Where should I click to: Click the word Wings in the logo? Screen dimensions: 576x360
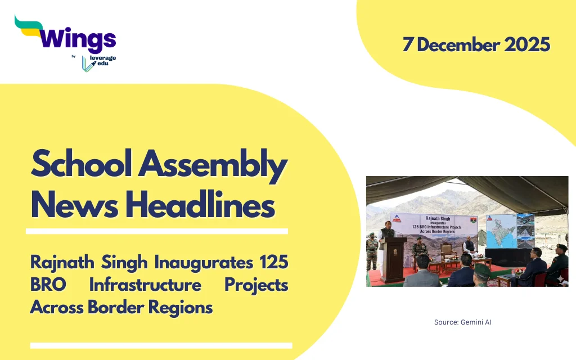click(x=78, y=39)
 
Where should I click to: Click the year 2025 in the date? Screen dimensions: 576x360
click(x=527, y=45)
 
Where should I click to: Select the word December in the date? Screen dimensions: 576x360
click(x=458, y=45)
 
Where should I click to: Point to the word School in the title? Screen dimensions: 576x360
click(x=81, y=163)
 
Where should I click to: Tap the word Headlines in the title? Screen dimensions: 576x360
click(x=200, y=204)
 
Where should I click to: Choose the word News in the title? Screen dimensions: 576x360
click(x=75, y=204)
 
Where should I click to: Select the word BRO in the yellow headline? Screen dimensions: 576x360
click(x=48, y=285)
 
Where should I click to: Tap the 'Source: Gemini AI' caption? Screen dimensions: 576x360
click(x=462, y=322)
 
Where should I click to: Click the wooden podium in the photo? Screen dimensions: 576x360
click(x=394, y=259)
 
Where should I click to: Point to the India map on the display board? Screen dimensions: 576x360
click(x=501, y=231)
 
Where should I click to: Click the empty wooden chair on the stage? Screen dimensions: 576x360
click(x=448, y=254)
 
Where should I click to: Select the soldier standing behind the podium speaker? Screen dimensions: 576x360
click(x=372, y=251)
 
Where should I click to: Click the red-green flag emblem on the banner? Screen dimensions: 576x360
click(x=473, y=220)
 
